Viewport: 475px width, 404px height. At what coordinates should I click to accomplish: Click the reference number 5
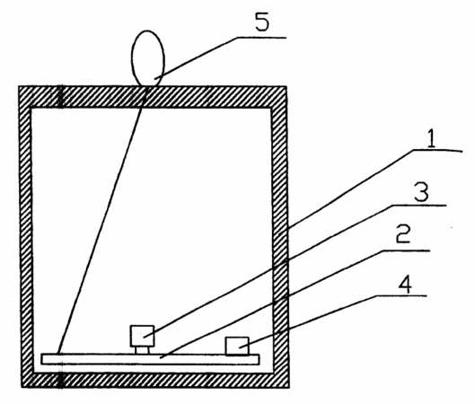coord(262,22)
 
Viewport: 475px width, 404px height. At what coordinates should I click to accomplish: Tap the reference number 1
coord(431,139)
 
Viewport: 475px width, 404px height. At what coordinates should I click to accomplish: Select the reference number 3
coord(421,192)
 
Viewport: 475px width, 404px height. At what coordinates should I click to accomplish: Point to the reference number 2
coord(403,233)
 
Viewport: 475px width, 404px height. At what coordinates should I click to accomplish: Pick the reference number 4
coord(405,285)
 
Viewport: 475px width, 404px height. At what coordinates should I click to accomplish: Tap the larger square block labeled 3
coord(142,336)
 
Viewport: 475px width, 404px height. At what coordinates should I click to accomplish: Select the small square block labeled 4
coord(237,346)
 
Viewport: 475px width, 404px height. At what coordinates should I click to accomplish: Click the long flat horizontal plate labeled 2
coord(150,359)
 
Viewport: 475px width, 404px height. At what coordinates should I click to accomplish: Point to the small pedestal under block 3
coord(142,350)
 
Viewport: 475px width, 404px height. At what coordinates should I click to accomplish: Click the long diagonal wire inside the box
coord(102,220)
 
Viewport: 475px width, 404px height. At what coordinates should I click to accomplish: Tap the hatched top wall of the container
coord(153,97)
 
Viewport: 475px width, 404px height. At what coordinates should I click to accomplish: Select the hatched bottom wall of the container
coord(155,380)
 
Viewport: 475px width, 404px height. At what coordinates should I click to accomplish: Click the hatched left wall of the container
coord(26,237)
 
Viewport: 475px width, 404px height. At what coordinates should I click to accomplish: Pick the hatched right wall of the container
coord(280,237)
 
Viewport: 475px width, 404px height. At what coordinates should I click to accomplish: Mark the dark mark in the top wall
coord(60,97)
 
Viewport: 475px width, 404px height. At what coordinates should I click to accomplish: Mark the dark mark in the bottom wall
coord(61,381)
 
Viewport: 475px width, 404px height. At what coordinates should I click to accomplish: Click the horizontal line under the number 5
coord(261,38)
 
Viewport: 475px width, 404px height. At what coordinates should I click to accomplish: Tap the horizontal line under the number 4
coord(401,295)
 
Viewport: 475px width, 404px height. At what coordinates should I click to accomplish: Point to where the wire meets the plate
coord(58,354)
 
